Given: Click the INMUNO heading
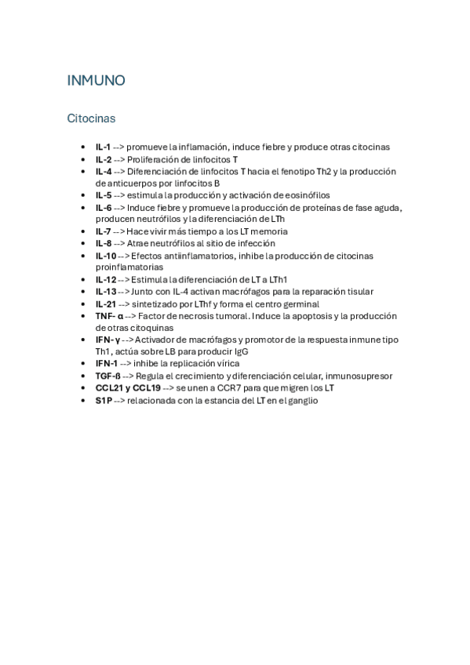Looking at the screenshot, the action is tap(97, 81).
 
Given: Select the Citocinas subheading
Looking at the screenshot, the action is tap(91, 118).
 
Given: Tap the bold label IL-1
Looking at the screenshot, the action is tap(103, 147).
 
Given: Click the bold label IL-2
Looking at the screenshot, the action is tap(104, 159).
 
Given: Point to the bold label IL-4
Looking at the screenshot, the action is tap(104, 171).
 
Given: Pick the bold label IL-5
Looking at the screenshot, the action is tap(104, 195).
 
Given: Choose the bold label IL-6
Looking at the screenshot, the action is tap(104, 208).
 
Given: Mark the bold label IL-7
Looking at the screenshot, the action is tap(104, 231).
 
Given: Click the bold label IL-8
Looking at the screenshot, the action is tap(104, 243).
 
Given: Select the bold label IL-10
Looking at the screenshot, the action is tap(106, 256).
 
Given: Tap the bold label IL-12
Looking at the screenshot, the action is tap(106, 279).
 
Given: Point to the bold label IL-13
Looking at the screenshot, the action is tap(106, 292).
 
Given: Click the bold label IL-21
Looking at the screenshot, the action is tap(106, 303).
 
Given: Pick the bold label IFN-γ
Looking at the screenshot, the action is tap(107, 340).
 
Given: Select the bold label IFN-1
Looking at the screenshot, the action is tap(107, 364).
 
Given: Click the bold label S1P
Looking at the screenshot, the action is tap(104, 400).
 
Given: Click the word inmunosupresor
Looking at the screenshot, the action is tap(359, 376).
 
